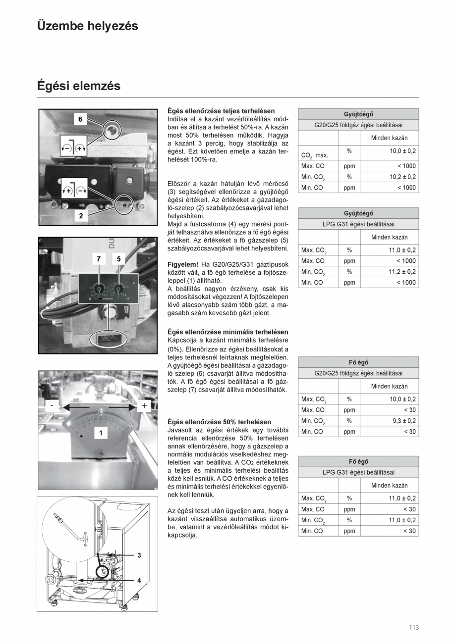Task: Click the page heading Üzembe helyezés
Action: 87,26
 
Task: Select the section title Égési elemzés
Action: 79,86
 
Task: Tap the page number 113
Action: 414,628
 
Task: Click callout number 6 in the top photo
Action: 80,119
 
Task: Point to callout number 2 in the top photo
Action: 81,215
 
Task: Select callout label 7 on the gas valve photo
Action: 99,258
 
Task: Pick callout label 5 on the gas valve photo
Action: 119,258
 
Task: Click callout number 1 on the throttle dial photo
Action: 101,433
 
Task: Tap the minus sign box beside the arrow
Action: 52,406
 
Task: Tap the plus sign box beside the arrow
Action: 144,406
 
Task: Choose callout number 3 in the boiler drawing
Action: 139,555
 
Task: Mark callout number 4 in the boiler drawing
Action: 139,580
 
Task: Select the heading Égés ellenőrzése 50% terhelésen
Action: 219,422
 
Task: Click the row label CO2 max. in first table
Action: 314,155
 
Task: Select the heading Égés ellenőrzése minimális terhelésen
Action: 228,332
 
